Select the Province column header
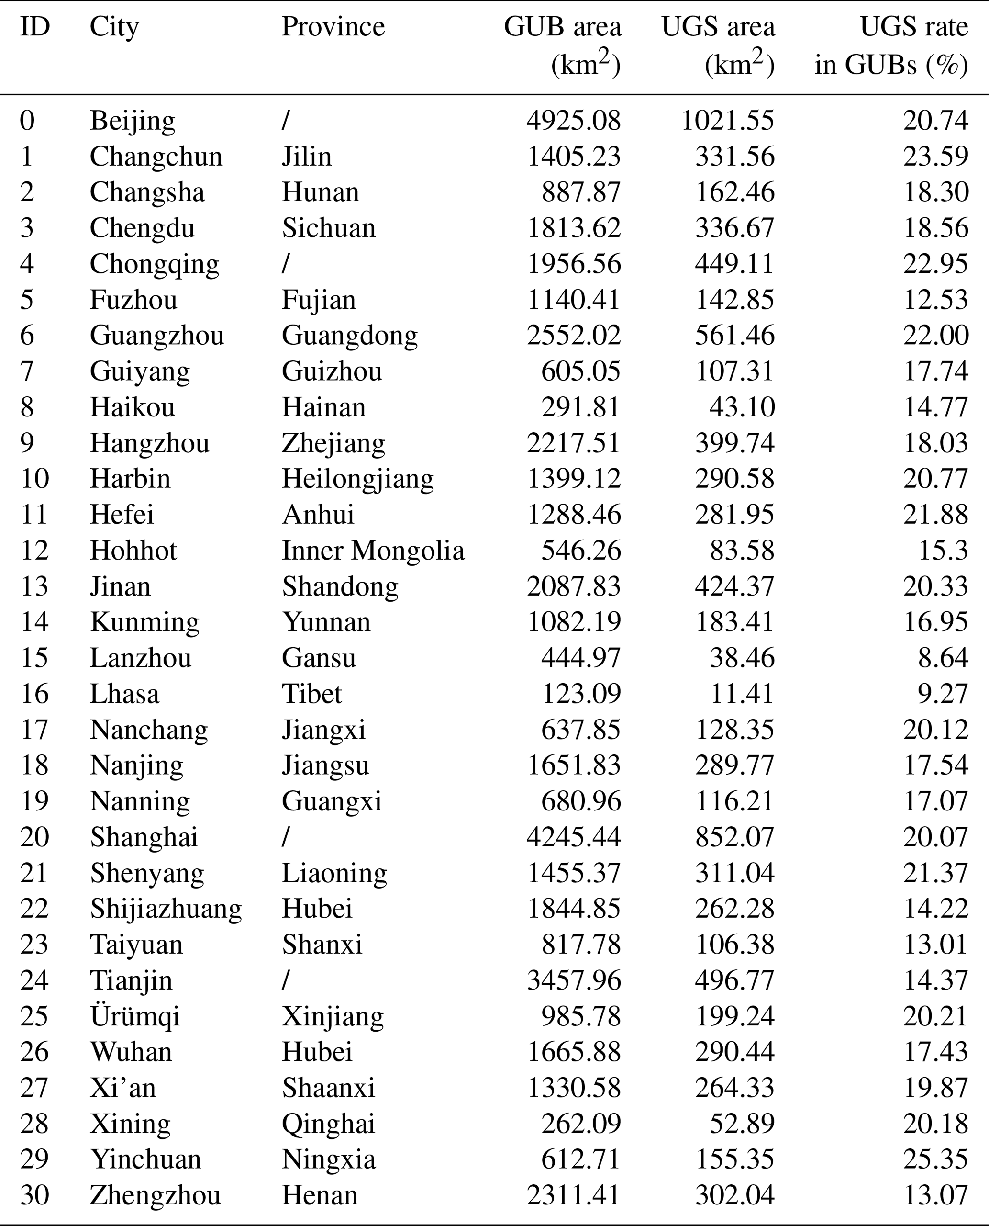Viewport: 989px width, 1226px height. pos(333,27)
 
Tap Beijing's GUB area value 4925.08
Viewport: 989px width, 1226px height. pos(573,121)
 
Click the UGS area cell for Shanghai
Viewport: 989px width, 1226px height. pos(734,837)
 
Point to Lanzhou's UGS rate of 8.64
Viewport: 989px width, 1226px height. pos(943,658)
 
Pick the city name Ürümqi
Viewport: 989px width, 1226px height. pos(135,1016)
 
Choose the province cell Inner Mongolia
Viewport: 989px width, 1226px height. pos(373,551)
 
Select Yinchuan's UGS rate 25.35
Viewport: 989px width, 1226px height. pos(935,1160)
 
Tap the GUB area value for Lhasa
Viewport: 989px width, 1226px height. pos(580,694)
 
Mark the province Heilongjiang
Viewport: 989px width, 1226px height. pos(358,479)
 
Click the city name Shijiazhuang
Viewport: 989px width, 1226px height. pos(166,909)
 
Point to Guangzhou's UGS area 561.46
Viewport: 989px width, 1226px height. pos(734,336)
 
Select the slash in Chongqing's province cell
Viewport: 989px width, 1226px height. pos(286,264)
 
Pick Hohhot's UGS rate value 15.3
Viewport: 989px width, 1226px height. pos(943,551)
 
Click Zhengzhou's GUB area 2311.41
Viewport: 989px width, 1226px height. pos(573,1195)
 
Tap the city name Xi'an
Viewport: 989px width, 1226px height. pos(123,1088)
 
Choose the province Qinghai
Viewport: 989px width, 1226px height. pos(329,1124)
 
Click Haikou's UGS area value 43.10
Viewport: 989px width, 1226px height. pos(742,407)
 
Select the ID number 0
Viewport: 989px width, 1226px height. pos(27,121)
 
